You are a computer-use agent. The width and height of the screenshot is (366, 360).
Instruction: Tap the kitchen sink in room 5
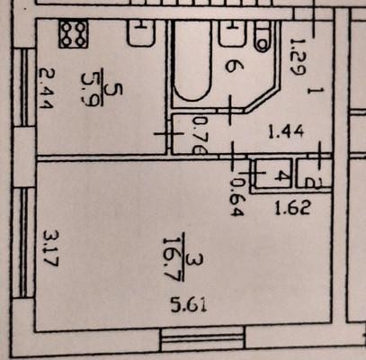pyautogui.click(x=141, y=33)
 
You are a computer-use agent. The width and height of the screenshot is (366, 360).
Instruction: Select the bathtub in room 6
pyautogui.click(x=192, y=60)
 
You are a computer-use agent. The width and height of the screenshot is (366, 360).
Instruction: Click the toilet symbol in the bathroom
pyautogui.click(x=263, y=36)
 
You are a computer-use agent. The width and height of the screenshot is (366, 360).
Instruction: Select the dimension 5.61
pyautogui.click(x=189, y=306)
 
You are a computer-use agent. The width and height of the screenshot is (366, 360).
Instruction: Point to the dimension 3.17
pyautogui.click(x=50, y=248)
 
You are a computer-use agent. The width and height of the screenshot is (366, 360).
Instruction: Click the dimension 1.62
pyautogui.click(x=292, y=208)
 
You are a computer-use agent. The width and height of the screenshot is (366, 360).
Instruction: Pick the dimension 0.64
pyautogui.click(x=237, y=197)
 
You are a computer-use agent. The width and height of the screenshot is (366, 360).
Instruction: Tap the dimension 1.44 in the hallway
pyautogui.click(x=286, y=132)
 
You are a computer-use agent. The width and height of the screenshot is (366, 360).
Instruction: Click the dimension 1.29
pyautogui.click(x=298, y=58)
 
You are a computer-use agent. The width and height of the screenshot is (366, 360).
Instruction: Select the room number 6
pyautogui.click(x=230, y=66)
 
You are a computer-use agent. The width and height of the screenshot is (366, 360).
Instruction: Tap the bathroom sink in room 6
pyautogui.click(x=231, y=33)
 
